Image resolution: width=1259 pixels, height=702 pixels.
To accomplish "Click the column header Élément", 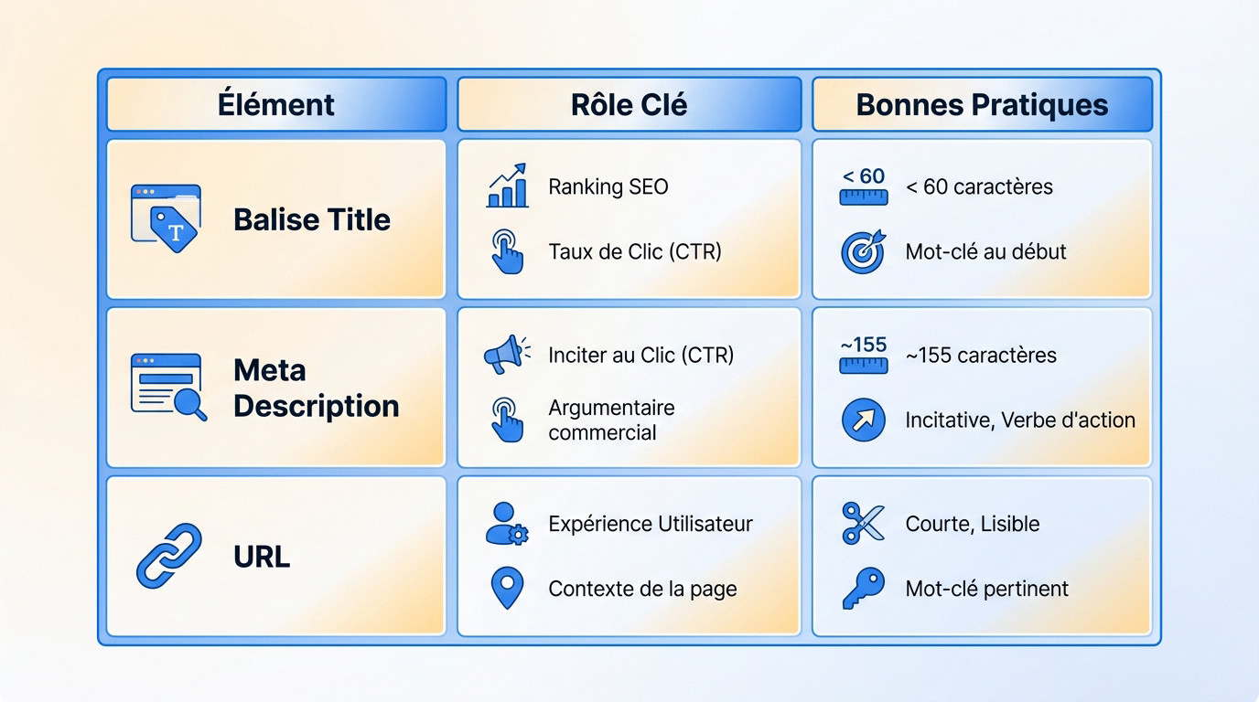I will pyautogui.click(x=275, y=104).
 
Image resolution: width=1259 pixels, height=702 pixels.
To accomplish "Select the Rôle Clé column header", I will pyautogui.click(x=629, y=104).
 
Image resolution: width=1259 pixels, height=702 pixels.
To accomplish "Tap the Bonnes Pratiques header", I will pyautogui.click(x=982, y=104).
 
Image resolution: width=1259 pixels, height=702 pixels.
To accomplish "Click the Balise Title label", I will pyautogui.click(x=312, y=219).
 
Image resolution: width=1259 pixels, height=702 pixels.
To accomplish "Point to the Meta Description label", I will pyautogui.click(x=316, y=388).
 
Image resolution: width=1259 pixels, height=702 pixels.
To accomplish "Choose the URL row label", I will pyautogui.click(x=262, y=556).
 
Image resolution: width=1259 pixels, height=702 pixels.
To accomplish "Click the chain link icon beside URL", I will pyautogui.click(x=169, y=555).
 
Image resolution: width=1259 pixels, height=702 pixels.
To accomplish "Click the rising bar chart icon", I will pyautogui.click(x=508, y=186).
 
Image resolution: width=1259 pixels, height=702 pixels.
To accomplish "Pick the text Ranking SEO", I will pyautogui.click(x=608, y=186).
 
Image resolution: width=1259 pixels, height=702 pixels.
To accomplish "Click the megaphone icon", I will pyautogui.click(x=506, y=355).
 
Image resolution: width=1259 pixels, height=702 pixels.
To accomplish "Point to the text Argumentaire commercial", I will pyautogui.click(x=611, y=420).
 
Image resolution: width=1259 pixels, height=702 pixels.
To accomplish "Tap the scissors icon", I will pyautogui.click(x=863, y=523).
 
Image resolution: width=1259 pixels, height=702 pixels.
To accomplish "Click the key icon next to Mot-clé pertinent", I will pyautogui.click(x=863, y=589).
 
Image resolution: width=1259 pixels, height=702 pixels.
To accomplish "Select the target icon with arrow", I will pyautogui.click(x=863, y=251).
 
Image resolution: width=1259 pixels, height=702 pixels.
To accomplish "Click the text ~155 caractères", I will pyautogui.click(x=981, y=355).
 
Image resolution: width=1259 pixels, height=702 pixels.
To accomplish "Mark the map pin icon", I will pyautogui.click(x=507, y=589).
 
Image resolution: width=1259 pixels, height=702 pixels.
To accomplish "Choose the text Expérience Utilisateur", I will pyautogui.click(x=651, y=524).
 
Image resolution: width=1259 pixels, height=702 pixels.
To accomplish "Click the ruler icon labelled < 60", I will pyautogui.click(x=863, y=186).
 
